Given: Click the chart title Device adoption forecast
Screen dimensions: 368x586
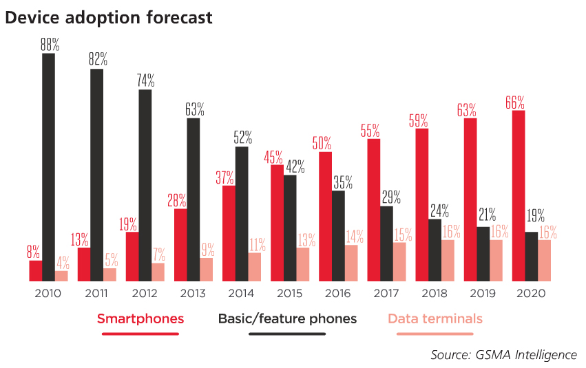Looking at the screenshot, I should tap(109, 18).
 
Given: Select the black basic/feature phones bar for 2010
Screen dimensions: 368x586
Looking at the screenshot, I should tap(48, 167).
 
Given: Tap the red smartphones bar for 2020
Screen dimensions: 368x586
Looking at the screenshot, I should tap(519, 195).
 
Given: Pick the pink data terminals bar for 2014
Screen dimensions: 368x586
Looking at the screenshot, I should tap(255, 267).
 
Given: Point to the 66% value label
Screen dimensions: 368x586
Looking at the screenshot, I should tap(514, 102).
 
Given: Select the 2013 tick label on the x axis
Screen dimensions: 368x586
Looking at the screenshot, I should tap(192, 294).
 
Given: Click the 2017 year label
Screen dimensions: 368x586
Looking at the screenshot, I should tap(386, 294).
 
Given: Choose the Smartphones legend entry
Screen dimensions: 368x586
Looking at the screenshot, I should tap(140, 319).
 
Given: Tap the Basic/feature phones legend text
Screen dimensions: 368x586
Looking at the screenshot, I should tap(287, 319).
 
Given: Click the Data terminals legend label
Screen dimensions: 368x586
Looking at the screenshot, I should tap(435, 319).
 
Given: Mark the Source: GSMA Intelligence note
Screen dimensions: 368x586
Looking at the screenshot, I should tap(503, 355).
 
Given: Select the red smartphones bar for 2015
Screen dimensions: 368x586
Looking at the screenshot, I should tap(277, 223).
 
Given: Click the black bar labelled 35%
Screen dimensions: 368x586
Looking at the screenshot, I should tap(338, 236).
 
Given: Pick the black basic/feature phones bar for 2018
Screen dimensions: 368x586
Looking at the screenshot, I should tap(435, 250).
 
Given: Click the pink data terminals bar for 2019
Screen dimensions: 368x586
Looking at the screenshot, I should tap(496, 261).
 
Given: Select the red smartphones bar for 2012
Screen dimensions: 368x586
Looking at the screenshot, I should tap(132, 257).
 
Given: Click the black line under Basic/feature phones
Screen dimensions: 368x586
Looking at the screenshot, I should tap(287, 334).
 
